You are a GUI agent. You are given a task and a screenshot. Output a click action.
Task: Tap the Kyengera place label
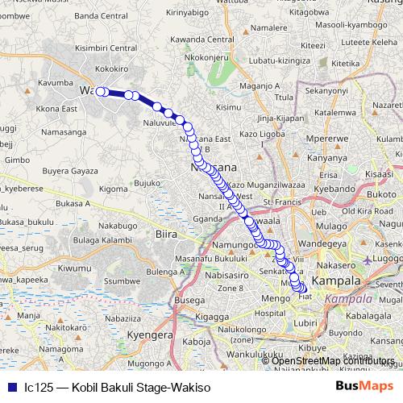click(x=134, y=333)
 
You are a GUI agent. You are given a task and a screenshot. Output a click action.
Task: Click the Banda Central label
click(x=96, y=15)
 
